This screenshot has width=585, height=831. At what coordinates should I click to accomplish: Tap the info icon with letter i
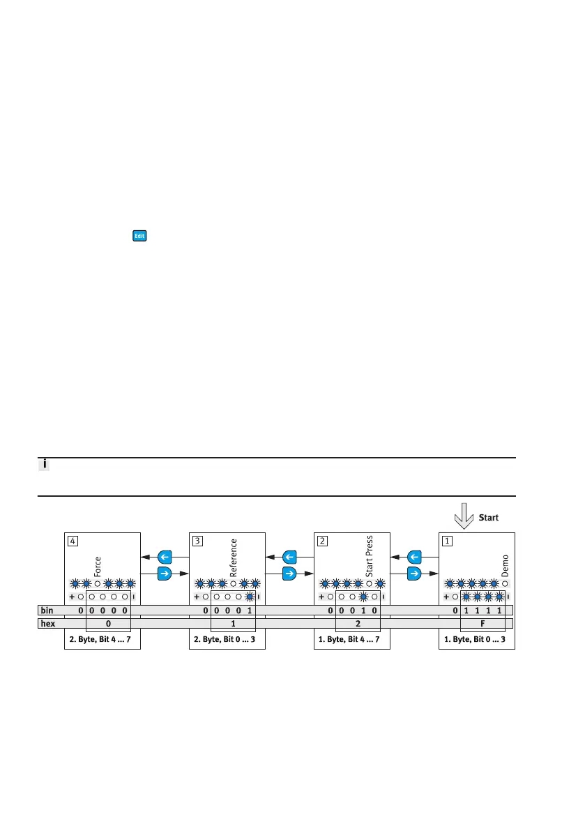[x=43, y=465]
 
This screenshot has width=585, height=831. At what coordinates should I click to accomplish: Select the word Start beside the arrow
[x=489, y=518]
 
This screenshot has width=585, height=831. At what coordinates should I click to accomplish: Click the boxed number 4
[x=72, y=540]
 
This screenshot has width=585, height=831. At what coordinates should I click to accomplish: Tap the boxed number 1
[x=447, y=540]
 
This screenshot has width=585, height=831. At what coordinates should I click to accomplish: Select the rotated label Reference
[x=234, y=556]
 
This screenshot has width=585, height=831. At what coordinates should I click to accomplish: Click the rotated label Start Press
[x=370, y=556]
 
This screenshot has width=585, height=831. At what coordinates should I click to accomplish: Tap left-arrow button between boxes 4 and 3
[x=165, y=557]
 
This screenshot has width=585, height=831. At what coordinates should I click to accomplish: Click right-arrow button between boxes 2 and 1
[x=414, y=574]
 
